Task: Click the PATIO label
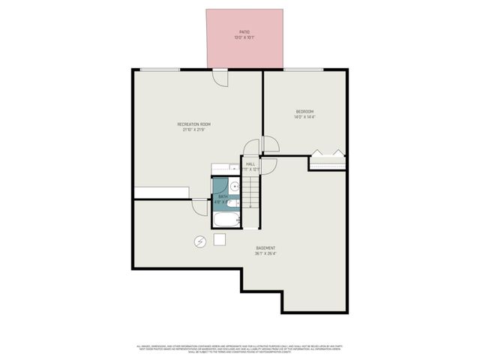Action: pyautogui.click(x=244, y=32)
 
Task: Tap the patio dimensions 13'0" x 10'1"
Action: pyautogui.click(x=244, y=37)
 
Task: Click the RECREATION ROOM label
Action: pyautogui.click(x=193, y=124)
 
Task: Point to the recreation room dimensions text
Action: pyautogui.click(x=193, y=130)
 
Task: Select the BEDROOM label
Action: pyautogui.click(x=304, y=112)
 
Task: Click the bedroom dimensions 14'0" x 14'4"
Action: pyautogui.click(x=304, y=117)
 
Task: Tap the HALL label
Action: pyautogui.click(x=250, y=163)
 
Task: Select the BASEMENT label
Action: pyautogui.click(x=265, y=248)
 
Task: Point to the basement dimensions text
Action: pyautogui.click(x=265, y=253)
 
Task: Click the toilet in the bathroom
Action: pyautogui.click(x=232, y=203)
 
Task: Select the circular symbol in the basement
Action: pyautogui.click(x=200, y=241)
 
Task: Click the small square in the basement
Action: pyautogui.click(x=220, y=239)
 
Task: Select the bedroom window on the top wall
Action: pyautogui.click(x=303, y=70)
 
